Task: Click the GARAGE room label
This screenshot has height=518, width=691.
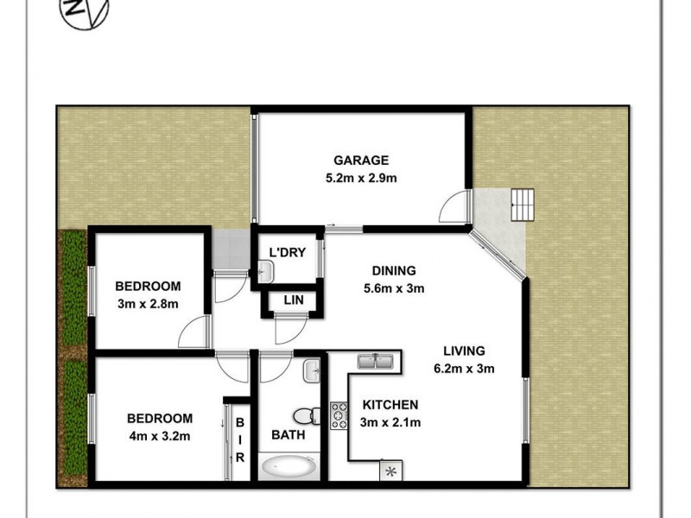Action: [362, 160]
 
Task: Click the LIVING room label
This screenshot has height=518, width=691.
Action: [464, 351]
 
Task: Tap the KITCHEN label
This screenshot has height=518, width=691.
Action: [390, 405]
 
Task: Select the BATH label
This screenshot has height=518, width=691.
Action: [288, 435]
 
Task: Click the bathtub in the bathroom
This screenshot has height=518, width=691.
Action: [288, 468]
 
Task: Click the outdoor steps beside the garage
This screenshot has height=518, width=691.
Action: [523, 205]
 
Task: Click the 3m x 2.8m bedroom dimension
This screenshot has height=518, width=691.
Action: [148, 304]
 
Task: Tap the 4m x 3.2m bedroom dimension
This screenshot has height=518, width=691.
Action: [158, 436]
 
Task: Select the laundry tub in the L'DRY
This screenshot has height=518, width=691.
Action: [266, 271]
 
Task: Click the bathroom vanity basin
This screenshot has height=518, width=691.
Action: [313, 372]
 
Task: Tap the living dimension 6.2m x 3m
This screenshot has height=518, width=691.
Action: [464, 369]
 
